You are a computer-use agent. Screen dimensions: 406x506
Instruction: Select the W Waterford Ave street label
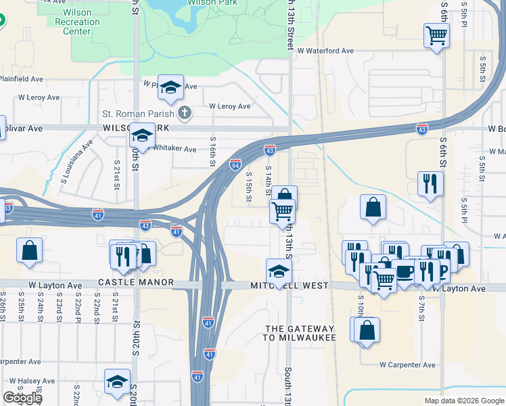(x=325, y=51)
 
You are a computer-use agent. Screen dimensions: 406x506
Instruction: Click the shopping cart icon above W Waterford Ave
(x=437, y=35)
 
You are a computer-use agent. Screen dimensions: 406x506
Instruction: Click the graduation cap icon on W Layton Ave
(x=279, y=271)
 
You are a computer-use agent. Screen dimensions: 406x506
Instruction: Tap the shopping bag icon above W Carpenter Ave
(x=367, y=330)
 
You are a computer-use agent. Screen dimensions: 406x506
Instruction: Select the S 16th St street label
(x=212, y=154)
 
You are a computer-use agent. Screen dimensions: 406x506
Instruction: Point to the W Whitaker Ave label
(x=175, y=149)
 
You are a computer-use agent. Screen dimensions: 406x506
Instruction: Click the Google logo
(x=22, y=398)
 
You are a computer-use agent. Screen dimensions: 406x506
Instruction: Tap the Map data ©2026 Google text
(x=463, y=401)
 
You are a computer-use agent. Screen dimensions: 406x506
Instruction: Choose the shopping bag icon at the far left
(x=30, y=251)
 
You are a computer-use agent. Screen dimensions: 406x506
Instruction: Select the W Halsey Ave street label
(x=27, y=381)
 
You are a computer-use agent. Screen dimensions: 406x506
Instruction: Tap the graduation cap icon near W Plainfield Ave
(x=171, y=87)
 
